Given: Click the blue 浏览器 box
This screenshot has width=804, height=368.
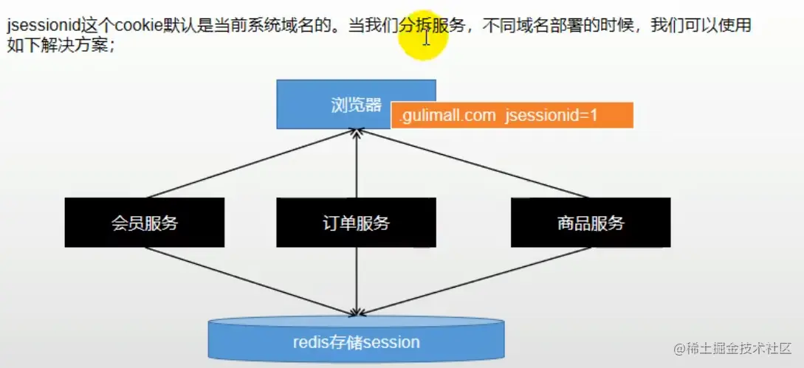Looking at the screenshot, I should tap(336, 104).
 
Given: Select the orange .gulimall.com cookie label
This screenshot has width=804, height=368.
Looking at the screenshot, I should tap(512, 116).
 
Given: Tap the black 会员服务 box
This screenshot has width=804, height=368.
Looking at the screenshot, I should tap(145, 223).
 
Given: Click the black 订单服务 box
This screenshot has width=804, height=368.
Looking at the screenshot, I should tap(356, 223).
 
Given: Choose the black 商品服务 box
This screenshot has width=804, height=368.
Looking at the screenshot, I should tap(591, 223).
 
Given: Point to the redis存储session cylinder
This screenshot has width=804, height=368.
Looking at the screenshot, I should tap(356, 341).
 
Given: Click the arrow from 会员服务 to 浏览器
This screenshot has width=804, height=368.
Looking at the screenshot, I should tap(251, 164).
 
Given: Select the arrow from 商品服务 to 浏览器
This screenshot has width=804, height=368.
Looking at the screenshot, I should tap(473, 164).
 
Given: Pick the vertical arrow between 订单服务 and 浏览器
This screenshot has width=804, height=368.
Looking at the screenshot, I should tap(357, 166).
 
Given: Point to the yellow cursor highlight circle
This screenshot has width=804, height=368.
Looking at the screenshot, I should tap(424, 35).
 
